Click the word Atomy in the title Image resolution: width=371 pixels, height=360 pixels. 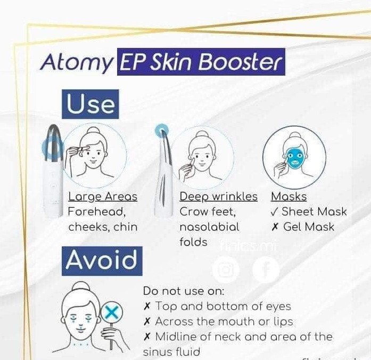click(76, 63)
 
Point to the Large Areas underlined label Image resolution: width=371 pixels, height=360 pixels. click(103, 197)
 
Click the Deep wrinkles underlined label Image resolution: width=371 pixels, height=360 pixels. click(218, 197)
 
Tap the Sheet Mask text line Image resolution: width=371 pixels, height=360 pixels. click(309, 211)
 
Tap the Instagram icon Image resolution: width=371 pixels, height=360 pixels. click(226, 271)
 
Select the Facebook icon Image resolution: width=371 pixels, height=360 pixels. click(266, 271)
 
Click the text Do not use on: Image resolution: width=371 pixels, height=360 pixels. click(183, 291)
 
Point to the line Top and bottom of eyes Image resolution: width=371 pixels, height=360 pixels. click(217, 306)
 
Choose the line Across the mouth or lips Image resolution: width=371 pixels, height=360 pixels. click(218, 322)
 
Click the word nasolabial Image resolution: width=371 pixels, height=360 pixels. click(209, 226)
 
